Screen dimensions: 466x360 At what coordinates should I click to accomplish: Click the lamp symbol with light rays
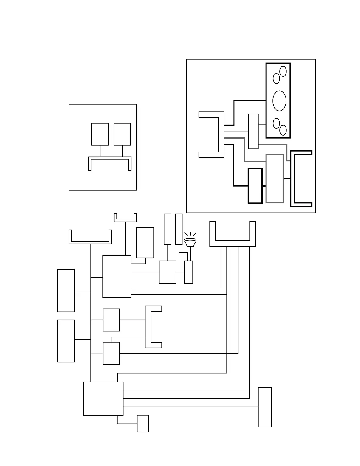(x=190, y=242)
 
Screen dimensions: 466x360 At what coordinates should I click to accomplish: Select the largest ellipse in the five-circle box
(x=279, y=101)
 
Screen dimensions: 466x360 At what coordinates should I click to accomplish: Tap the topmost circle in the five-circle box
(x=283, y=71)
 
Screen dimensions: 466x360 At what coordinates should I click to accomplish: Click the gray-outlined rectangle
(x=275, y=179)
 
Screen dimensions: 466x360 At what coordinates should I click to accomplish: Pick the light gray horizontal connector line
(x=236, y=131)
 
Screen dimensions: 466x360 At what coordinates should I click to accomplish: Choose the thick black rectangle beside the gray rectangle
(x=255, y=186)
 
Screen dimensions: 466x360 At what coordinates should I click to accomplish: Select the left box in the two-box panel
(x=100, y=134)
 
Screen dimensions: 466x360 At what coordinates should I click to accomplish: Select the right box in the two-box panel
(x=122, y=134)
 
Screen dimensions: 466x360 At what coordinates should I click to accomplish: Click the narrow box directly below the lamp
(x=189, y=272)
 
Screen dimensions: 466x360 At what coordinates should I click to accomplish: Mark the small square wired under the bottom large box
(x=143, y=424)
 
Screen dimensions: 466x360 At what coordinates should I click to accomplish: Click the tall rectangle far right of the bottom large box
(x=265, y=407)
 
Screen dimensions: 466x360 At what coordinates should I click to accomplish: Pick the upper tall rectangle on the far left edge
(x=66, y=290)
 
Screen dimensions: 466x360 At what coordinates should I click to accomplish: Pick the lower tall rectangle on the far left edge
(x=66, y=341)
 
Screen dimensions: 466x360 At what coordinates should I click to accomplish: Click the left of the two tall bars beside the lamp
(x=167, y=229)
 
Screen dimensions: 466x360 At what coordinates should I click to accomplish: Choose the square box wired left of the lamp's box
(x=168, y=272)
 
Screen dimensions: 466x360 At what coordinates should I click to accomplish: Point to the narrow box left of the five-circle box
(x=253, y=131)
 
